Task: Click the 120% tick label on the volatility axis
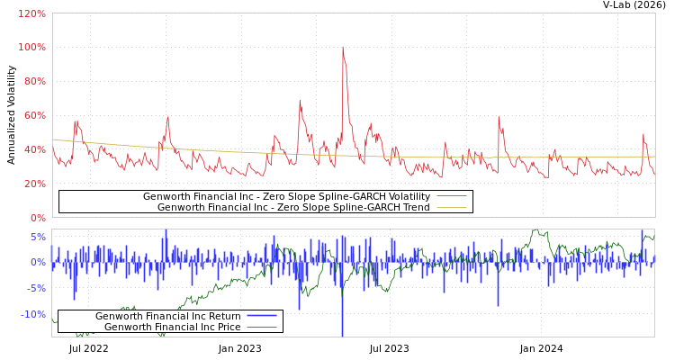[x=31, y=13]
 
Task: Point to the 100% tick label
[x=31, y=47]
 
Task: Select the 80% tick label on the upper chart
[x=34, y=81]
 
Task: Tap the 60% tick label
[x=34, y=115]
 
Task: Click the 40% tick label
[x=34, y=149]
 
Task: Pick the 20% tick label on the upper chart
[x=34, y=184]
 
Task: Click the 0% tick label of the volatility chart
[x=37, y=218]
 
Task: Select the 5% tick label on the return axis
[x=38, y=238]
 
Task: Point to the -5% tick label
[x=36, y=289]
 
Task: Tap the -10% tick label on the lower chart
[x=33, y=314]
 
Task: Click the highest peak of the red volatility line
[x=342, y=47]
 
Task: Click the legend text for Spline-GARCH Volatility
[x=286, y=196]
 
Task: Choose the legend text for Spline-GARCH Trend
[x=293, y=207]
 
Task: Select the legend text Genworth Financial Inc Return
[x=168, y=316]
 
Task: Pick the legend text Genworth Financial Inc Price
[x=173, y=327]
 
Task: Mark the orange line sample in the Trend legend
[x=451, y=207]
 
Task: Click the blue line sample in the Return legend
[x=261, y=316]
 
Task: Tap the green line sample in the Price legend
[x=261, y=327]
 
